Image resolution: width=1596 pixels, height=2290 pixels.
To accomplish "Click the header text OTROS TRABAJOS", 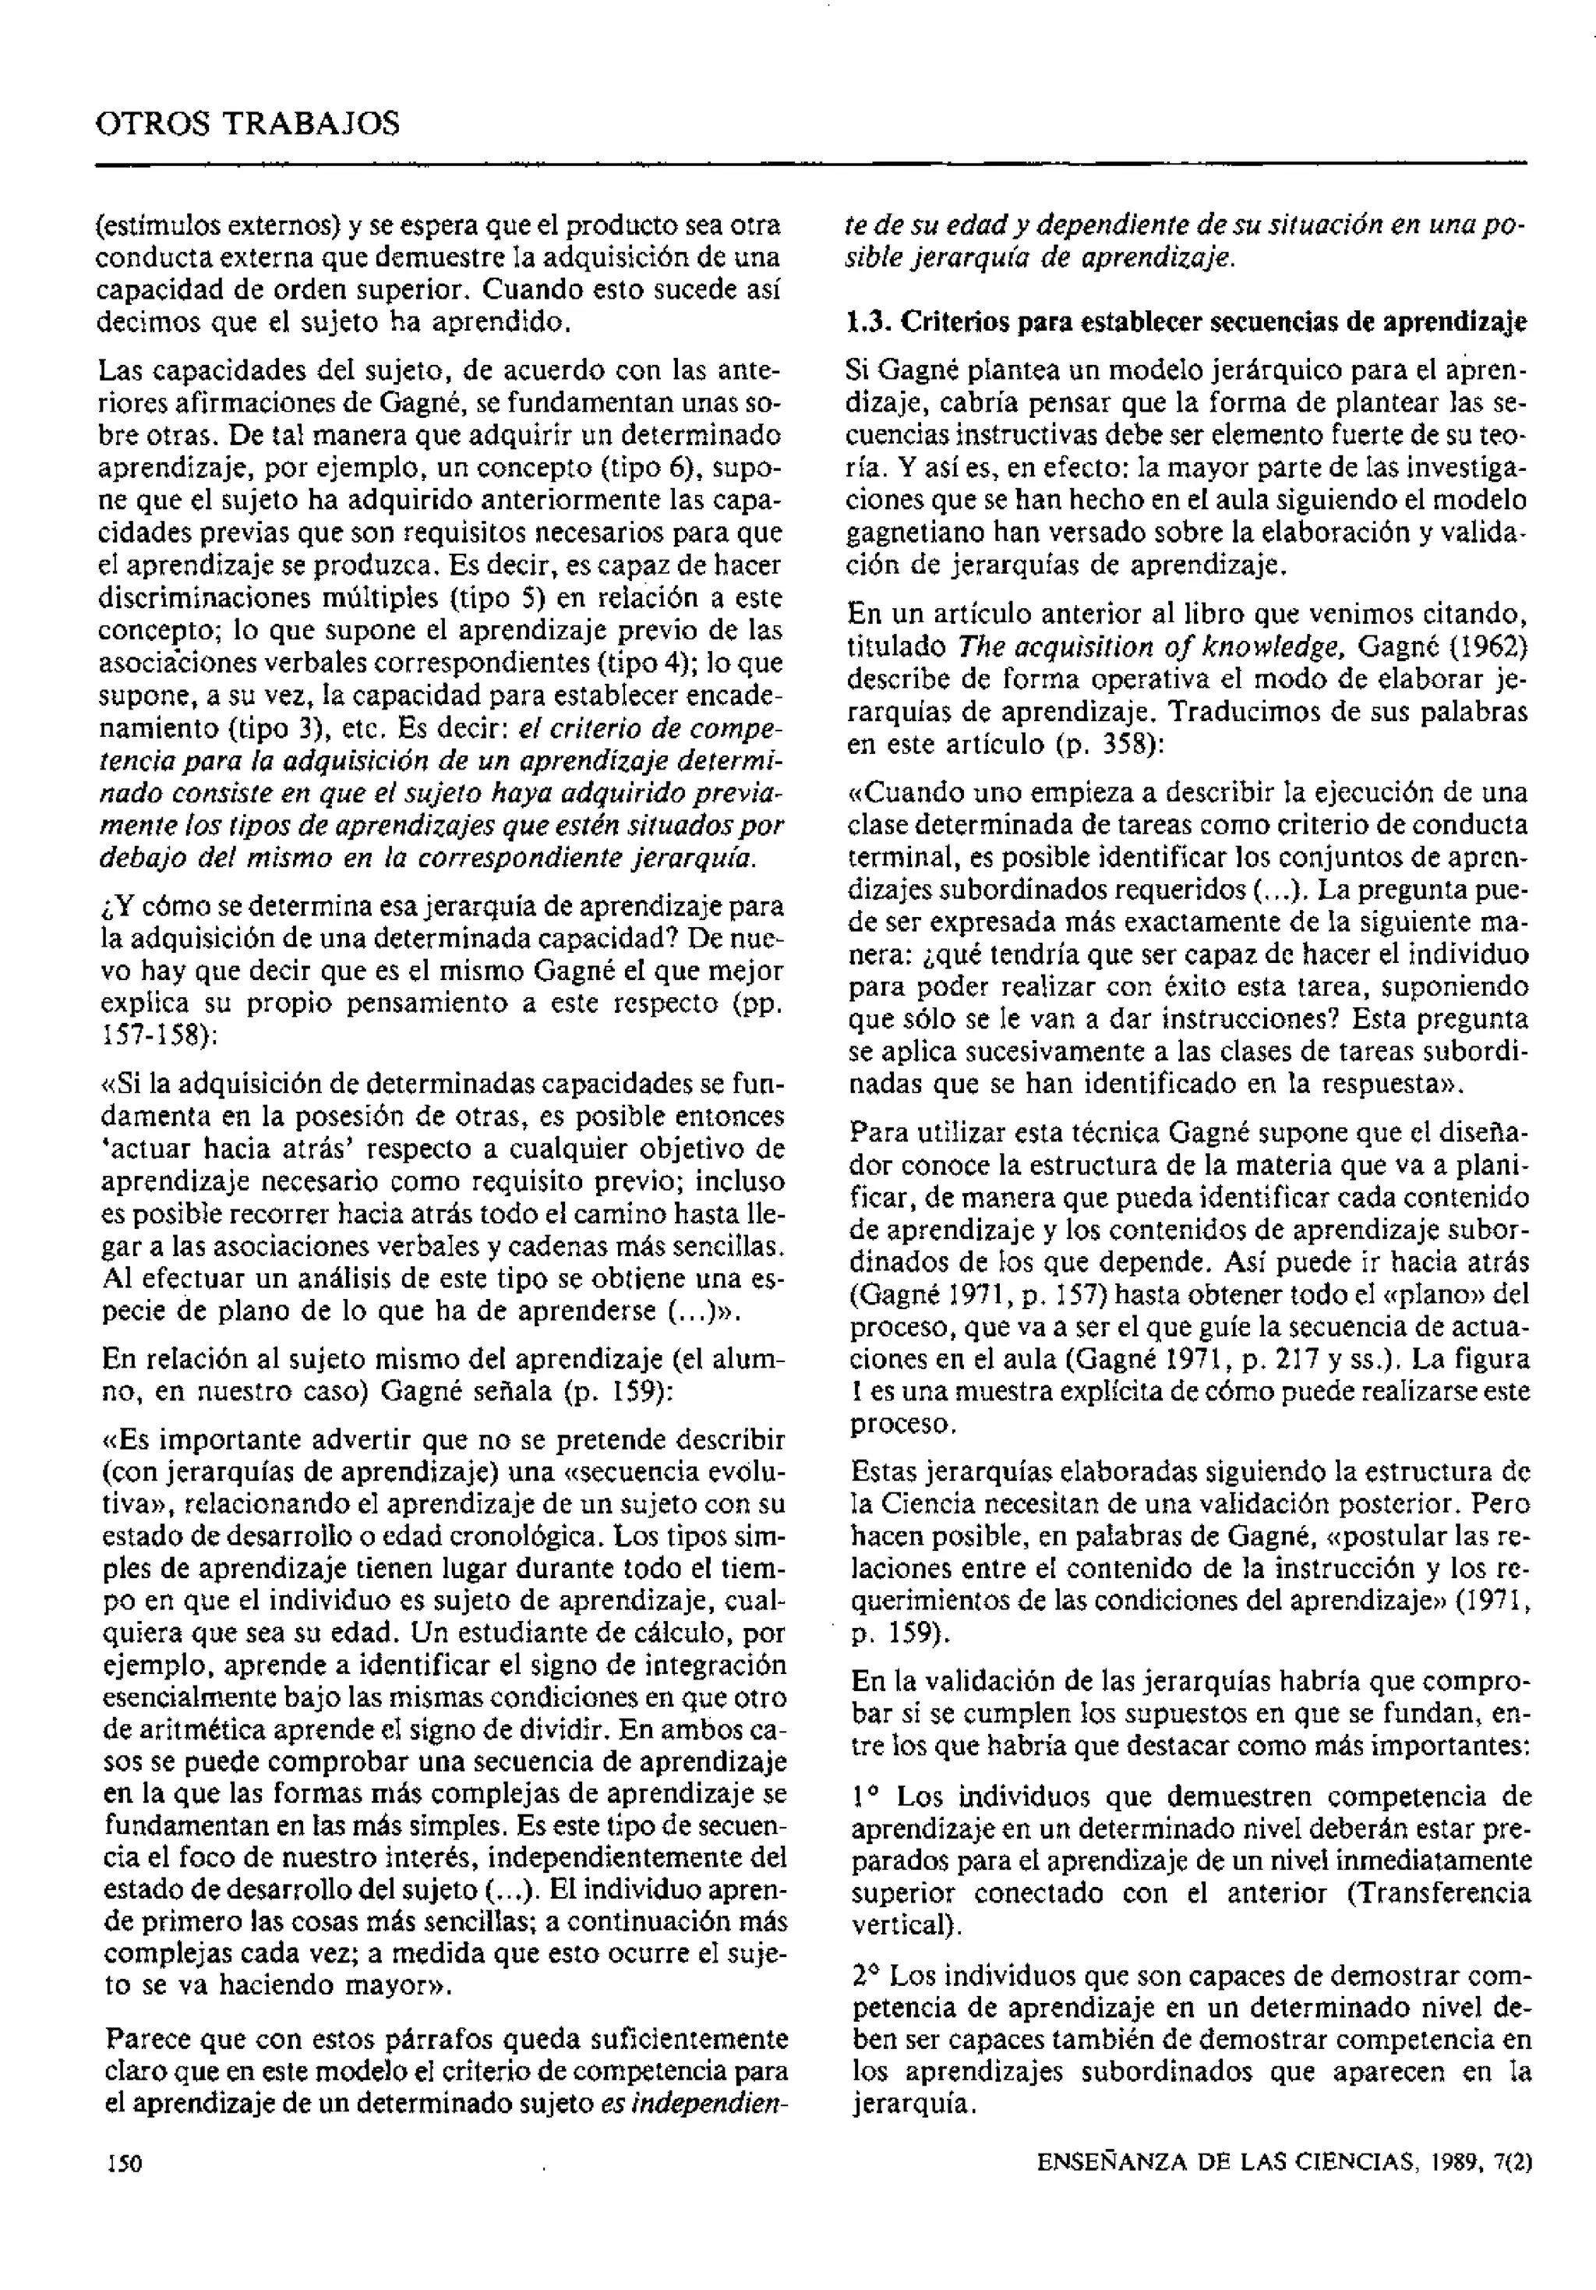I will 247,125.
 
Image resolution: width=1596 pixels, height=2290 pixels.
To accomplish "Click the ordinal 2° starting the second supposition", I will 867,1975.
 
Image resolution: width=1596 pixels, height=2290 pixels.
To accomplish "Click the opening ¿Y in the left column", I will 117,907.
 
